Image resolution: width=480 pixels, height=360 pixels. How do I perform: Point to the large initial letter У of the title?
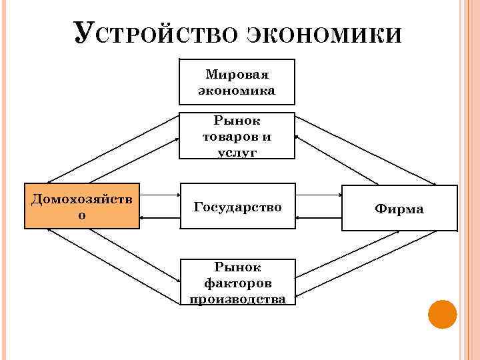point(83,32)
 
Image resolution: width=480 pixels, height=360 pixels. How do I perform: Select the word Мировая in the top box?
point(237,74)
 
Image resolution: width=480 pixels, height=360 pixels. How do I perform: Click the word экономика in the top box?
point(237,90)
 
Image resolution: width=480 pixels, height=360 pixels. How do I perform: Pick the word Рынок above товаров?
point(237,121)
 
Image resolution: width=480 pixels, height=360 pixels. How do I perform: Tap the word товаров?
point(237,136)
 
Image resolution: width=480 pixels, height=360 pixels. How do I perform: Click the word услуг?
point(237,152)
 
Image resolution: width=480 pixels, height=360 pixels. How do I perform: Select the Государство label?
point(237,207)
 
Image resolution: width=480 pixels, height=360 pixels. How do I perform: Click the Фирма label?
point(399,209)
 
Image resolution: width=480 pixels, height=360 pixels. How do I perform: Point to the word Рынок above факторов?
point(237,267)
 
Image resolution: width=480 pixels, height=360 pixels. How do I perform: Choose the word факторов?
point(237,283)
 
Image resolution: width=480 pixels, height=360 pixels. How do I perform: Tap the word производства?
point(237,299)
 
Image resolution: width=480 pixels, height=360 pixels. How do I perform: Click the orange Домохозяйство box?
point(82,205)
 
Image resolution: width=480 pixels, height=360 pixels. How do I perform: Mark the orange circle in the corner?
point(442,314)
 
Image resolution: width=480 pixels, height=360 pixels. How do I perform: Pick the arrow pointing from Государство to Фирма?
point(318,195)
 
